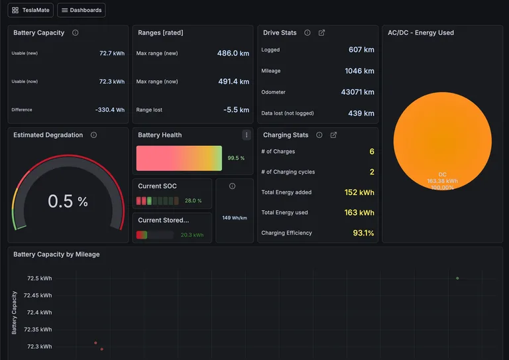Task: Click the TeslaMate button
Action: point(30,10)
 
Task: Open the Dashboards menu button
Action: point(81,10)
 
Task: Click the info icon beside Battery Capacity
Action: point(76,32)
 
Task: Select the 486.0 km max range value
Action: point(233,53)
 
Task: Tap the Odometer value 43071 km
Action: point(357,92)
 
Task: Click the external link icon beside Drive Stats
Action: point(321,32)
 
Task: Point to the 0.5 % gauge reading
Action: point(68,202)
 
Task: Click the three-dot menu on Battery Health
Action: point(247,135)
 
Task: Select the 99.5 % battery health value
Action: point(236,158)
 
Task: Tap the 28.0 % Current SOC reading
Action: point(193,201)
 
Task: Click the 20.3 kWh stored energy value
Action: point(192,235)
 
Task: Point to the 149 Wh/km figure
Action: point(235,218)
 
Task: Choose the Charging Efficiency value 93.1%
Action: point(363,233)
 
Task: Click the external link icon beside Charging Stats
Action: point(333,135)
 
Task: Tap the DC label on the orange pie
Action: point(442,174)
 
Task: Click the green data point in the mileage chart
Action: point(457,278)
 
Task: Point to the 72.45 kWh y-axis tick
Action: point(38,296)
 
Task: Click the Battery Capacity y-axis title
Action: point(14,313)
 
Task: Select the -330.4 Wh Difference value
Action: point(110,109)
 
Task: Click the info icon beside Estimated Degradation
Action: point(93,135)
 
